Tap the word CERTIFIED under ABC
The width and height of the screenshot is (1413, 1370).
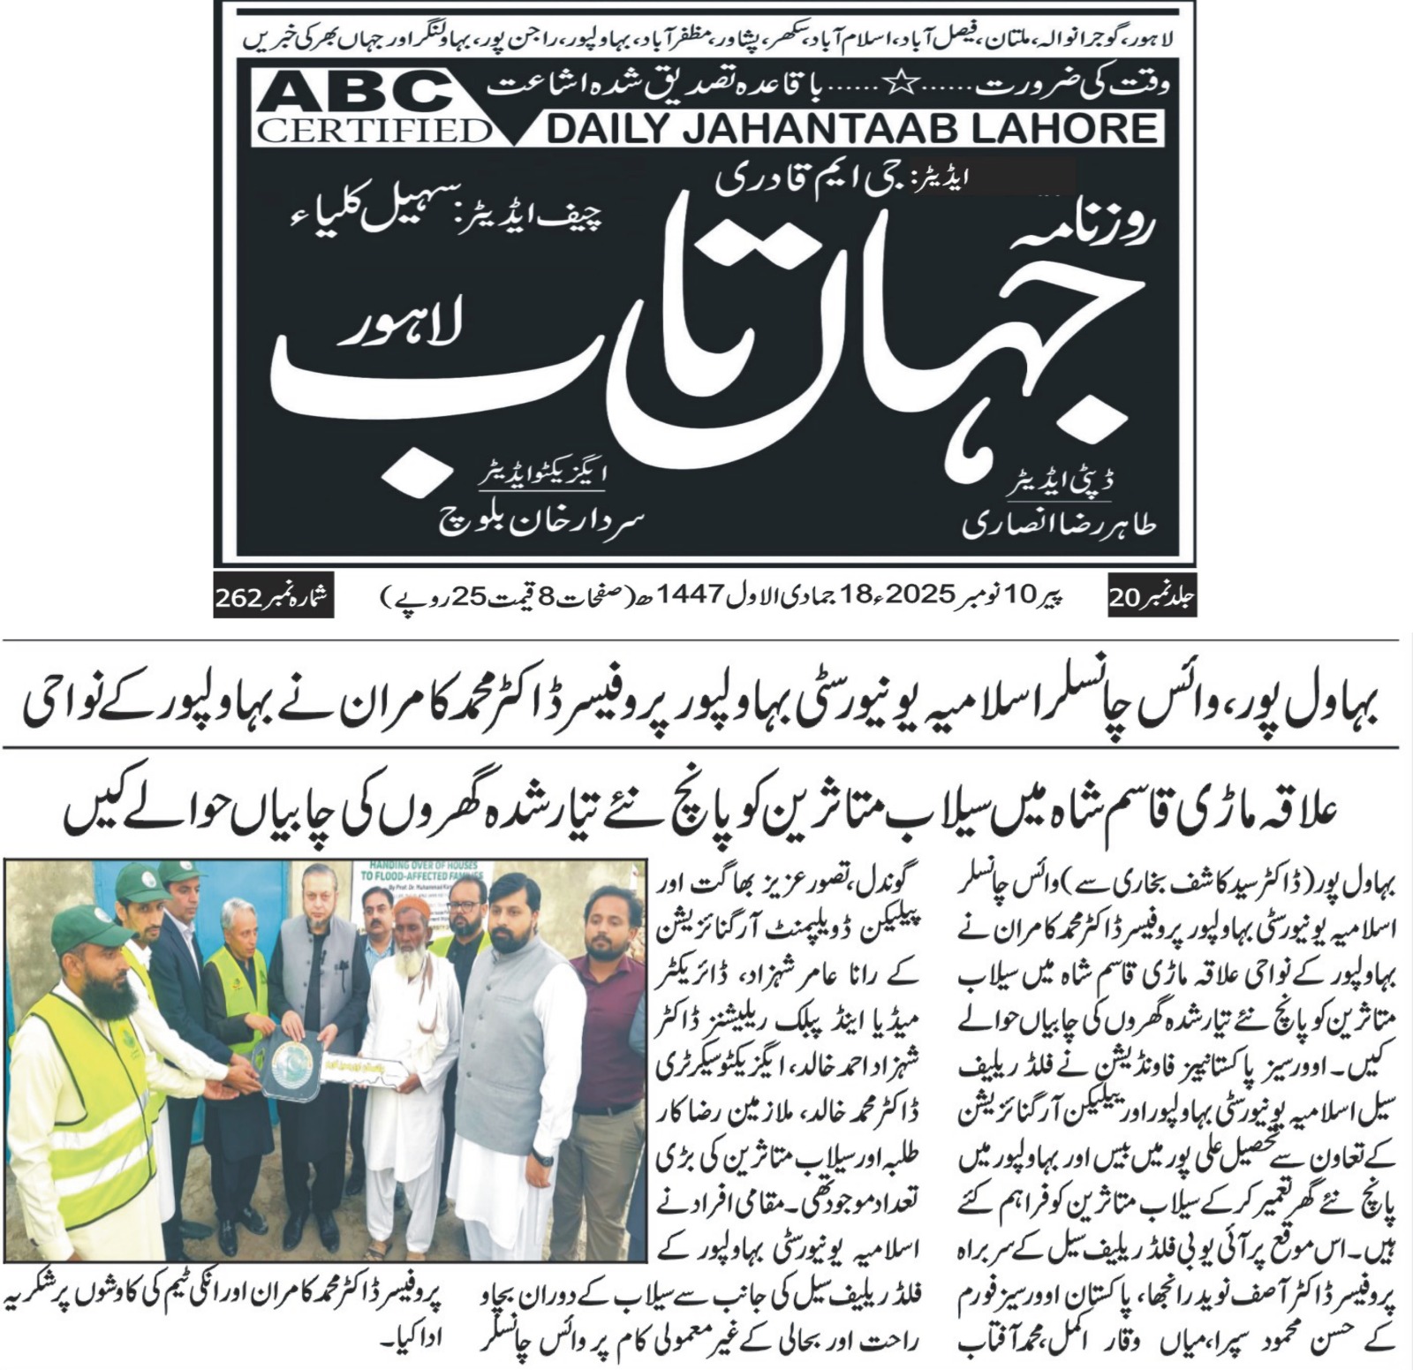tap(374, 132)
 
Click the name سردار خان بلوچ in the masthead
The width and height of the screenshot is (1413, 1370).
tap(542, 518)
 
